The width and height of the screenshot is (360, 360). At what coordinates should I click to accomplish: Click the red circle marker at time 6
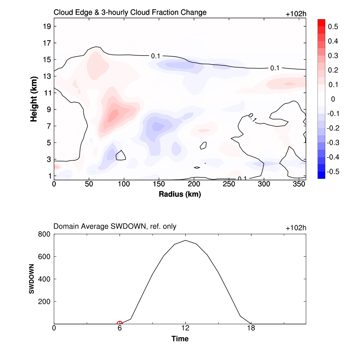click(120, 324)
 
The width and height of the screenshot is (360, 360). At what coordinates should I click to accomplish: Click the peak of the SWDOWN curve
click(185, 240)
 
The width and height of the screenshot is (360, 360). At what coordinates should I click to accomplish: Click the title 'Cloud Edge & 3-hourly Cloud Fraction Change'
click(130, 13)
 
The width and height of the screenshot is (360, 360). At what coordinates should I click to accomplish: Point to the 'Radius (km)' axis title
click(180, 194)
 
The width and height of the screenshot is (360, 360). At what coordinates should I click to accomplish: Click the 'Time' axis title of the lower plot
click(180, 339)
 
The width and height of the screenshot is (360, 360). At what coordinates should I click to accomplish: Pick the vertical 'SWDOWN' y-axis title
click(31, 279)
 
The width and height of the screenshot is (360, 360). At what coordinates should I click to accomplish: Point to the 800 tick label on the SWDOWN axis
click(45, 234)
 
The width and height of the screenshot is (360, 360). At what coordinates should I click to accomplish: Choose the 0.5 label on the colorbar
click(333, 27)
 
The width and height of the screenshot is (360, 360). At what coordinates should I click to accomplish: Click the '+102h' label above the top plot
click(296, 14)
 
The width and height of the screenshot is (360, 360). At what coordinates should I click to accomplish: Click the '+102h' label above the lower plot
click(296, 228)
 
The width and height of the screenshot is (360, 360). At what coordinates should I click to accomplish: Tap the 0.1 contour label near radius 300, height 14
click(275, 68)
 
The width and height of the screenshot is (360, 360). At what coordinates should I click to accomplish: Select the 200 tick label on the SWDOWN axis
click(45, 302)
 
